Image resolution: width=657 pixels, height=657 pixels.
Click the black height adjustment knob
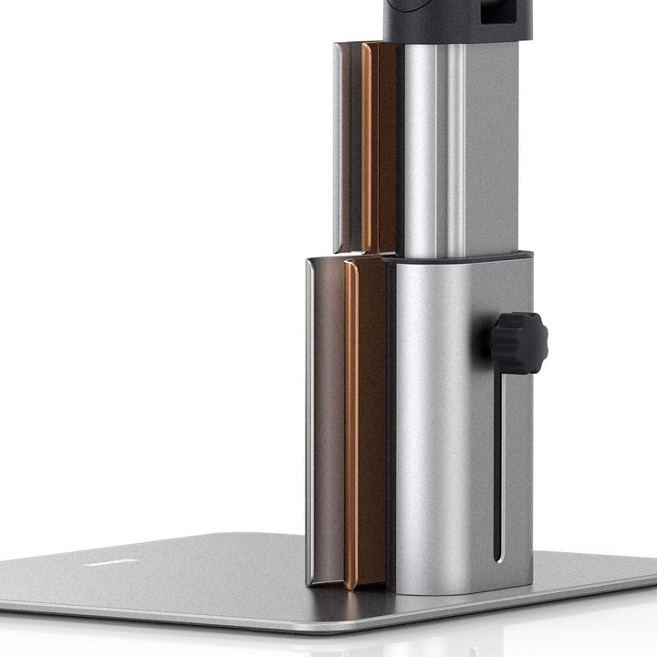pyautogui.click(x=517, y=342)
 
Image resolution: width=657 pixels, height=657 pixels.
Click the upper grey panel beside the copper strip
pyautogui.click(x=348, y=146)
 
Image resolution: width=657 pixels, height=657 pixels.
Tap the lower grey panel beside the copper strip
pyautogui.click(x=325, y=420)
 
